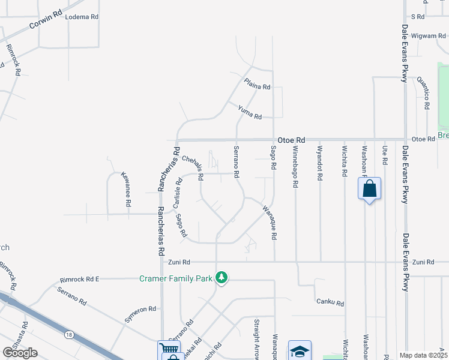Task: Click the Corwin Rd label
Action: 45,22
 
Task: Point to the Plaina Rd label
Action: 257,85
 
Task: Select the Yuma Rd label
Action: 250,112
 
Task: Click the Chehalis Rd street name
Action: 193,169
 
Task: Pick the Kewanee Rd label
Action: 125,190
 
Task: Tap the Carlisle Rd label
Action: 178,195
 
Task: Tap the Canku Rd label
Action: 330,303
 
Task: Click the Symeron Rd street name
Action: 140,314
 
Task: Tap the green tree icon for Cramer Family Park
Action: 221,277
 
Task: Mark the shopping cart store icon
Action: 167,349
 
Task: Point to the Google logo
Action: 20,353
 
